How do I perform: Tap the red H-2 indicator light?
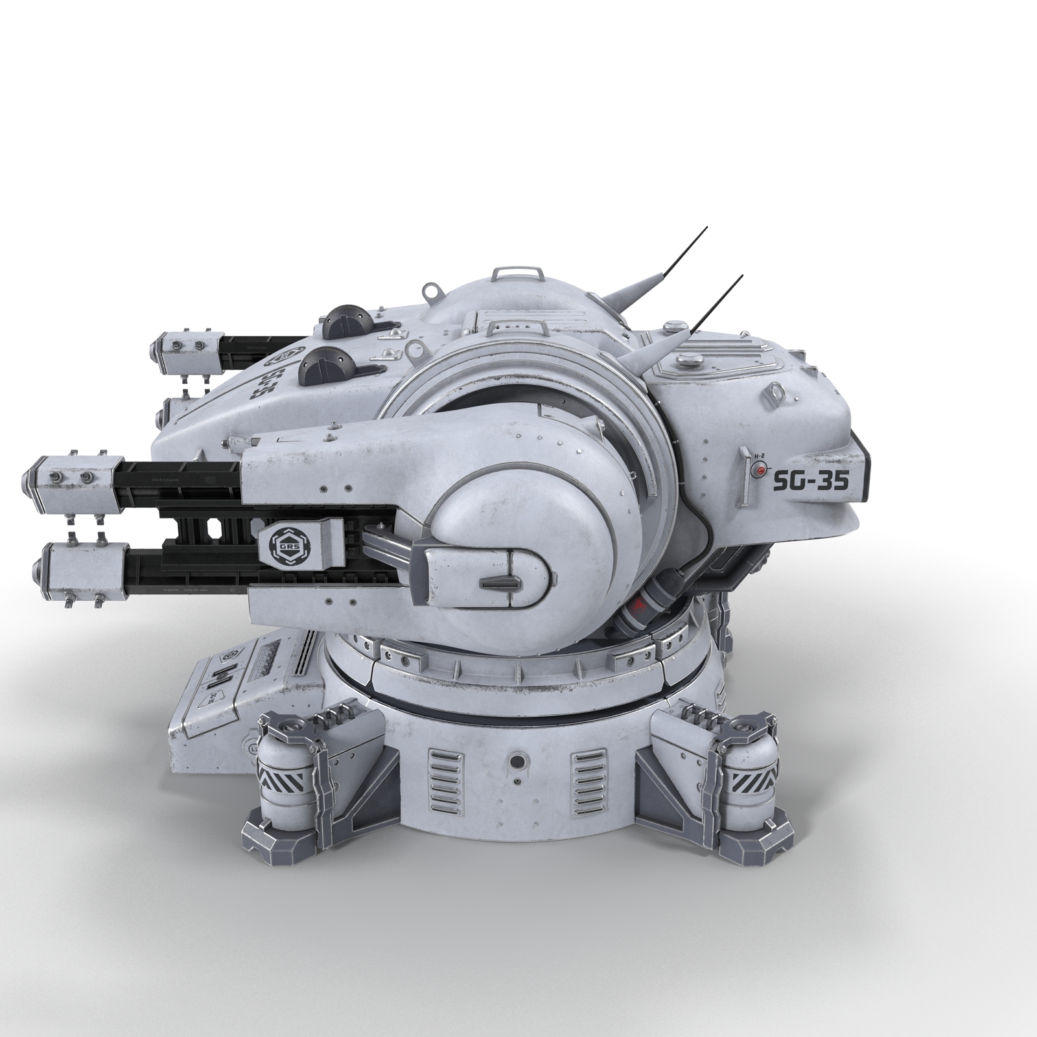(x=755, y=471)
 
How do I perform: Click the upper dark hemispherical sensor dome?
(x=345, y=318)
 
